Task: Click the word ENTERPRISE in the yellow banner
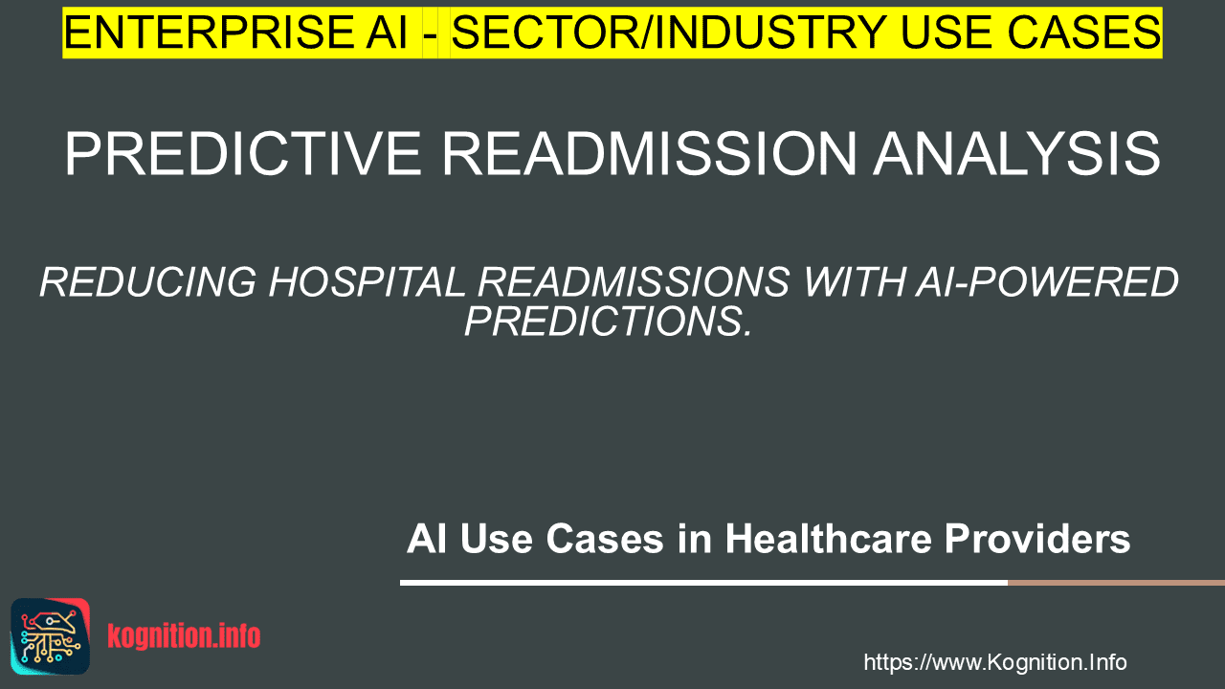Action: click(x=208, y=33)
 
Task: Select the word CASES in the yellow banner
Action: click(x=1084, y=33)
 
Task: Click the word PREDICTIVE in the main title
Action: click(x=243, y=154)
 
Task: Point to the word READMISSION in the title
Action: click(x=649, y=154)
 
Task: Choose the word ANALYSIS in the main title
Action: click(x=1016, y=154)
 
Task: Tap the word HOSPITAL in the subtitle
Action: click(x=367, y=282)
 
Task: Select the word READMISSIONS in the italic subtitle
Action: click(x=634, y=282)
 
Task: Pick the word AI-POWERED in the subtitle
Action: click(x=1047, y=282)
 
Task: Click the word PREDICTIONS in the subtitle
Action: click(x=608, y=321)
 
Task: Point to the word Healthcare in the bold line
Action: click(x=828, y=539)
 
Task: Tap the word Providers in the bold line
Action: click(x=1036, y=540)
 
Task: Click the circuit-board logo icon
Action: click(x=51, y=636)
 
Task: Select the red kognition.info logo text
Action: click(x=184, y=636)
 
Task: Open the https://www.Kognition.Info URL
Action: click(x=995, y=662)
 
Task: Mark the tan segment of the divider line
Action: click(x=1116, y=583)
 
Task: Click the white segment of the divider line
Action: click(x=703, y=583)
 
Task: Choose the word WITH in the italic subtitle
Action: click(x=853, y=282)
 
